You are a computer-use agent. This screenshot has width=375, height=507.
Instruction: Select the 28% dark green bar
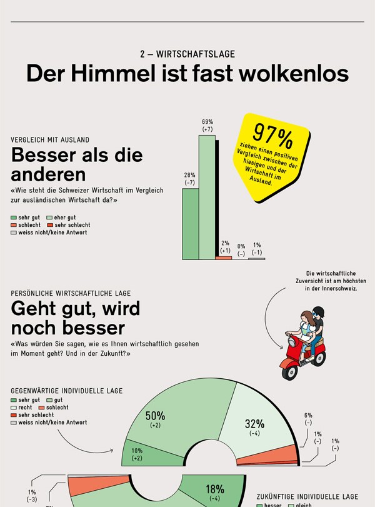click(190, 223)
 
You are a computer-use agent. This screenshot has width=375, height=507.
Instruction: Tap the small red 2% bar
click(224, 258)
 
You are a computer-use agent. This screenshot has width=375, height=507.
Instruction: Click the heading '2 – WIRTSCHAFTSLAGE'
click(187, 54)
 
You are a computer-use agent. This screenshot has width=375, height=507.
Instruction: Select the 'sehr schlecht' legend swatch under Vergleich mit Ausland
click(50, 225)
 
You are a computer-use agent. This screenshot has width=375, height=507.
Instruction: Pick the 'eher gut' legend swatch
click(50, 218)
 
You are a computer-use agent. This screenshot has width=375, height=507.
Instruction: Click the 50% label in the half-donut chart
click(155, 416)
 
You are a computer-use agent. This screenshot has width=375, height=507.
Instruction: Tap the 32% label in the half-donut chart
click(254, 424)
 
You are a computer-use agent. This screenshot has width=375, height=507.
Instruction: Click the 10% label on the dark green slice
click(137, 451)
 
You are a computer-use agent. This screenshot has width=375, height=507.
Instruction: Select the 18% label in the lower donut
click(215, 489)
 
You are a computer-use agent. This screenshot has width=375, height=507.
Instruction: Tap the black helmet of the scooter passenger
click(319, 312)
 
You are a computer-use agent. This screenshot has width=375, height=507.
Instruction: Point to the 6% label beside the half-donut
click(308, 415)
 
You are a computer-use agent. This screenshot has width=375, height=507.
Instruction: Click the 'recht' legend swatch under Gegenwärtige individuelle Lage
click(14, 408)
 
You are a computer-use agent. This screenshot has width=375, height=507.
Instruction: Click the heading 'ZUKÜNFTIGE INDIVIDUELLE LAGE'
click(307, 496)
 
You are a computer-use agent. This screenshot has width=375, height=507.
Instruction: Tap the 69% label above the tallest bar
click(207, 121)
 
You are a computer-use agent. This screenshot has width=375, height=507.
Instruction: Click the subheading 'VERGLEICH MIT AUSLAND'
click(50, 139)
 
